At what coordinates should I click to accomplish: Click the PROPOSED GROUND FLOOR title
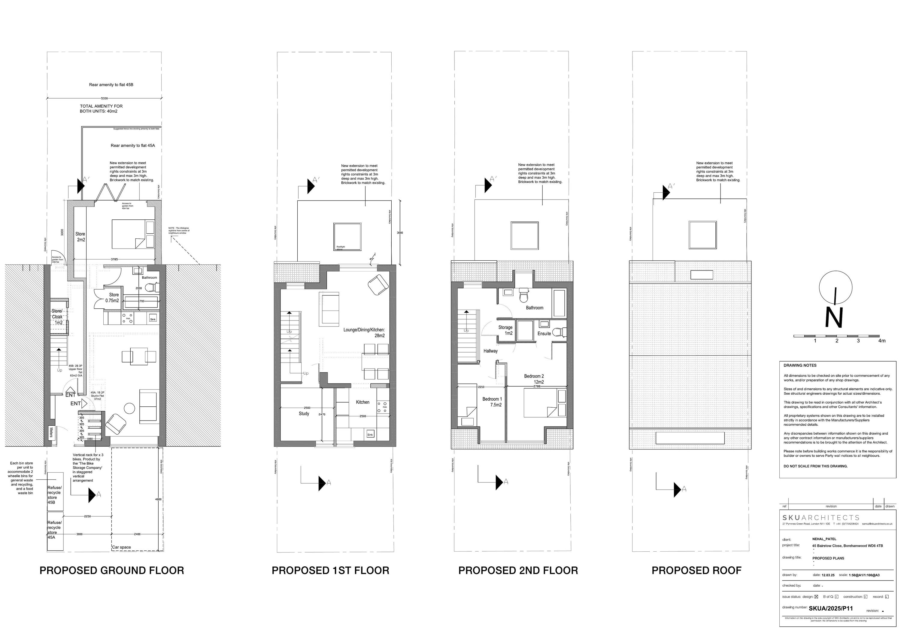[112, 571]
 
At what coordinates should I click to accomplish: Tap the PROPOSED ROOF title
[696, 571]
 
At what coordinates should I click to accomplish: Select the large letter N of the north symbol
[834, 317]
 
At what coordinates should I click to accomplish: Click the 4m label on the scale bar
[882, 341]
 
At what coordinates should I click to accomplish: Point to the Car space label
[122, 547]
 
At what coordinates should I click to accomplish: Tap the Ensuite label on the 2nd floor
[544, 333]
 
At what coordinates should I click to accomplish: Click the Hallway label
[490, 351]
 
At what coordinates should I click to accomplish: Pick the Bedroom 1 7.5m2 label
[492, 402]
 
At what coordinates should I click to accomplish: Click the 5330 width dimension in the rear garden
[105, 98]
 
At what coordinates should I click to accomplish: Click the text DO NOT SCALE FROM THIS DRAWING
[815, 466]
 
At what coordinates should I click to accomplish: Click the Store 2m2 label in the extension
[80, 237]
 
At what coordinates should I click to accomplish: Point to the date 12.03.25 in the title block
[823, 575]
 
